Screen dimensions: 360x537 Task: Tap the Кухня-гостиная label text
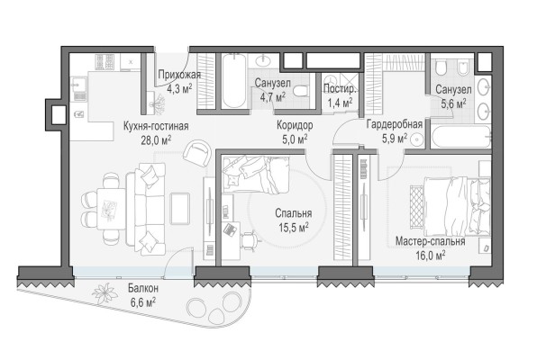pos(155,126)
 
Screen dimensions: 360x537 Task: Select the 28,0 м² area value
pos(155,140)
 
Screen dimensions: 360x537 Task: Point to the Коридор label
pos(294,125)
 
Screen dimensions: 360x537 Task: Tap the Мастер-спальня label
pos(430,241)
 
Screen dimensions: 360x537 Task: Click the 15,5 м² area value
pos(293,228)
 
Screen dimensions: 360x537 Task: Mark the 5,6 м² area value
pos(451,104)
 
